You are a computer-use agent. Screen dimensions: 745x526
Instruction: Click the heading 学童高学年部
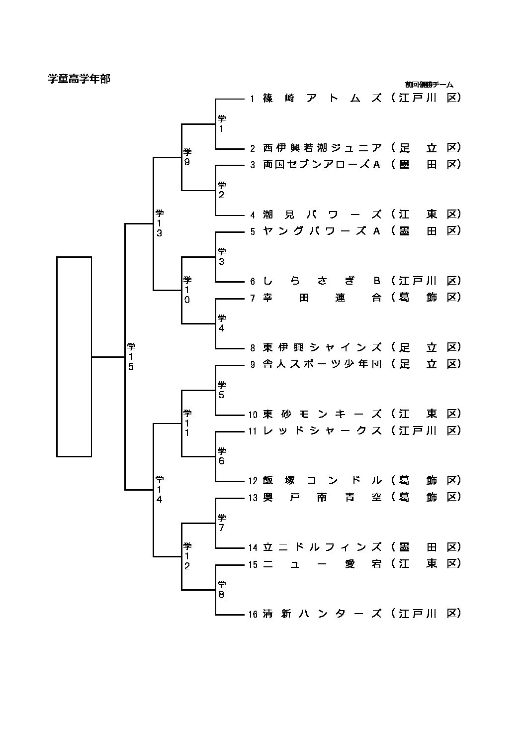coord(79,79)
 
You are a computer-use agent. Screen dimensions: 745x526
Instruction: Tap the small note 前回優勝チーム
coord(429,85)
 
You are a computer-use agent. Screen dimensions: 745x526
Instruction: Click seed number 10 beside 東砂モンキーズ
coord(253,415)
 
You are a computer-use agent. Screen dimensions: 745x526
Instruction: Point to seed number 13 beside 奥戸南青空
coord(253,498)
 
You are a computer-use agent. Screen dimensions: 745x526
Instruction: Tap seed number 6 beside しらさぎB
coord(253,282)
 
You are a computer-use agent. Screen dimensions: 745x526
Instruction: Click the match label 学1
coord(222,123)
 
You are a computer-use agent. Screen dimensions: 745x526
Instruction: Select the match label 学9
coord(187,157)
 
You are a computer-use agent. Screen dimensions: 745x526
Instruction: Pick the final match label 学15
coord(131,356)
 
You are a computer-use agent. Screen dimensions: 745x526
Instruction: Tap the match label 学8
coord(222,589)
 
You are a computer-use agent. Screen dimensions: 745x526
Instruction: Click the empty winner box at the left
coord(74,356)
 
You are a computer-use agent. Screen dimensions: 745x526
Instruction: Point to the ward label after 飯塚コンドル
coord(426,481)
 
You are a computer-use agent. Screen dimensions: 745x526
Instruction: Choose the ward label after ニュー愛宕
coord(426,564)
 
